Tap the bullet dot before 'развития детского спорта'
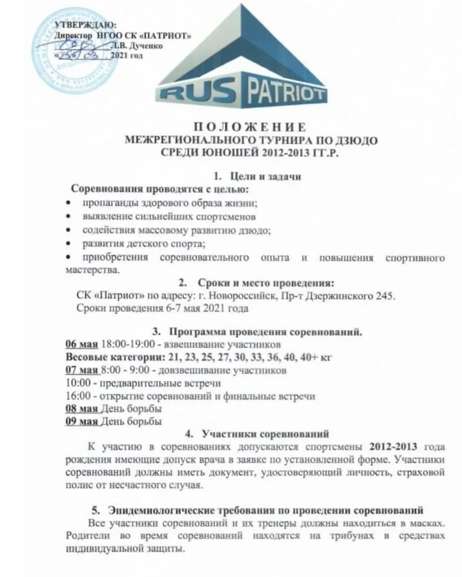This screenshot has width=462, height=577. pos(68,243)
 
